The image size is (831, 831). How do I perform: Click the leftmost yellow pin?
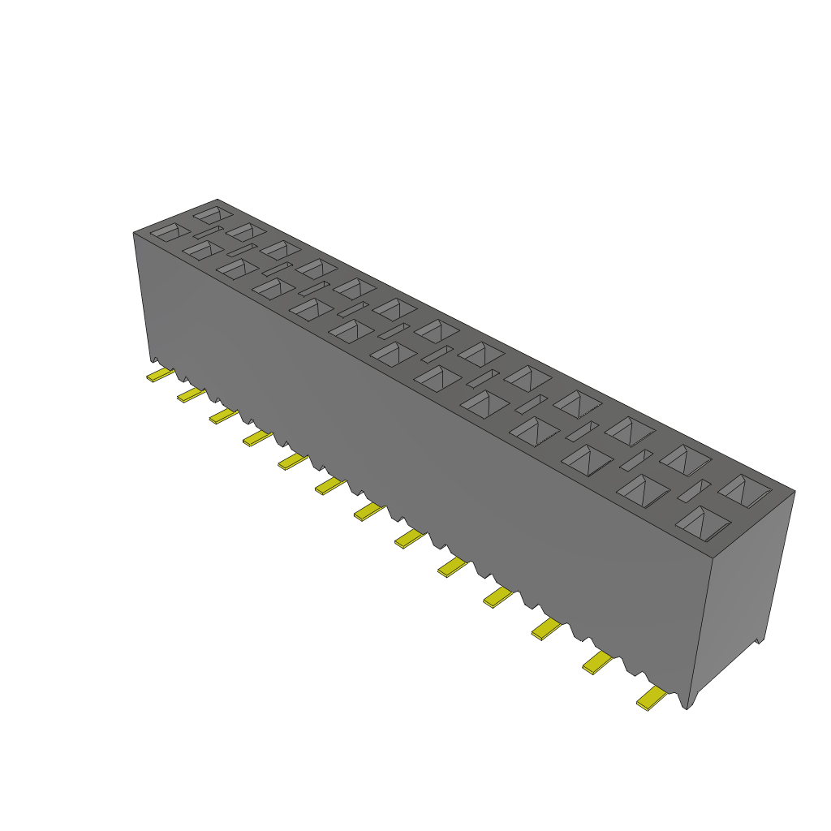click(x=160, y=375)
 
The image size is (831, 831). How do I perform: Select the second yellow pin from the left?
click(x=191, y=394)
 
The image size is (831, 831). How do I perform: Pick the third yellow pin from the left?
click(x=223, y=415)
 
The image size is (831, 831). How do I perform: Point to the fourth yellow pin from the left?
click(x=257, y=438)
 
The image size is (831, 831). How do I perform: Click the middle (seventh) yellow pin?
click(x=368, y=510)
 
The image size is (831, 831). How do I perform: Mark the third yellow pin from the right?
click(x=546, y=627)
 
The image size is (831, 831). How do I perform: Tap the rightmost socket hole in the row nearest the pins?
click(x=702, y=523)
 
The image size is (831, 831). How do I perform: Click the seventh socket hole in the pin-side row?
click(x=393, y=353)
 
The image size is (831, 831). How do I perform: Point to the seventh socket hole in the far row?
click(x=438, y=330)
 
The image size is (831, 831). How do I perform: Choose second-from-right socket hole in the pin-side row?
click(x=644, y=490)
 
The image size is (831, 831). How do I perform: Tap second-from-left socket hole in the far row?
click(x=246, y=231)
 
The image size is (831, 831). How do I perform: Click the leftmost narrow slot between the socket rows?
click(x=207, y=233)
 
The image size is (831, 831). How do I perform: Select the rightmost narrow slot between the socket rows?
click(x=694, y=489)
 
